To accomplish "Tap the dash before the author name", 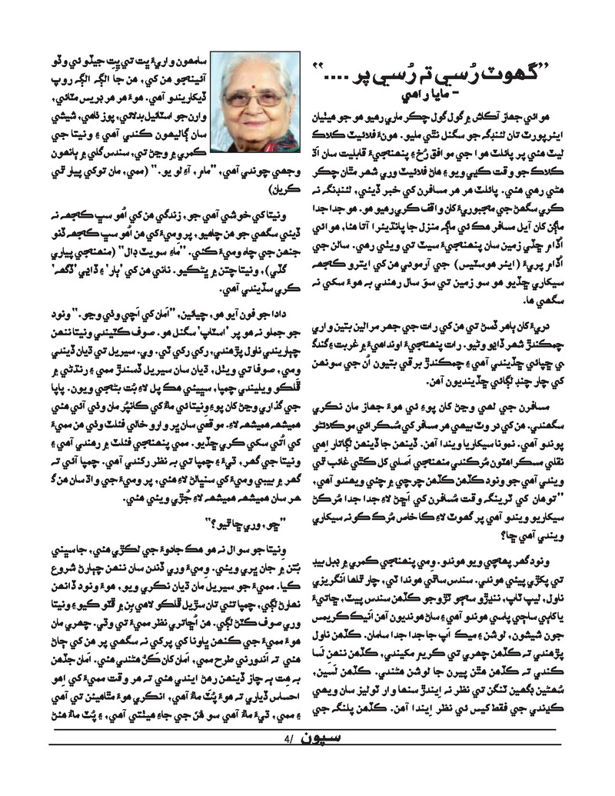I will (x=436, y=95).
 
